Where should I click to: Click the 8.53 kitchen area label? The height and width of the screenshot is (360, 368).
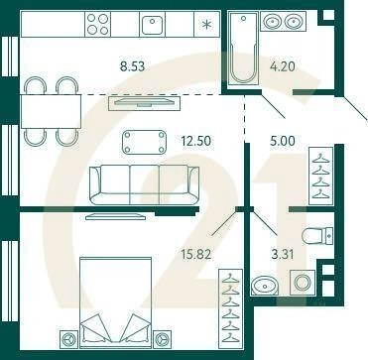click(x=133, y=66)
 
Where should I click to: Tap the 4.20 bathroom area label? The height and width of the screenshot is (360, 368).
click(x=283, y=66)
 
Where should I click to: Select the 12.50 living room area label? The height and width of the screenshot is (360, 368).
click(x=195, y=141)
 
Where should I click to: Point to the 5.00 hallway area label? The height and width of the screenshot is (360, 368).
click(x=283, y=141)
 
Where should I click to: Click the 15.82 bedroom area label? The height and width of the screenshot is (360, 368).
click(x=196, y=254)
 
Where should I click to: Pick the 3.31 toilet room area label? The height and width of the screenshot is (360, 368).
click(x=282, y=255)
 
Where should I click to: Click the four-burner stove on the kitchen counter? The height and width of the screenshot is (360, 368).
click(x=98, y=24)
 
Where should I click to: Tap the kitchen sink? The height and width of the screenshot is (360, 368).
click(x=152, y=24)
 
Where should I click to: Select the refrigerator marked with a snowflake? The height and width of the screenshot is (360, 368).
click(x=207, y=24)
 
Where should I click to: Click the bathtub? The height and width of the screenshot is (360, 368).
click(x=244, y=47)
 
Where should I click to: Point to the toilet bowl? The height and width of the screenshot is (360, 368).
click(x=317, y=236)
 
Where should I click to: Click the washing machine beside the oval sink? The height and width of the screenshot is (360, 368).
click(x=303, y=283)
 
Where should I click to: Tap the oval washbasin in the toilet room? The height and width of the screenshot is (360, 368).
click(x=264, y=286)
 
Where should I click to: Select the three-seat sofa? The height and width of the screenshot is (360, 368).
click(x=145, y=184)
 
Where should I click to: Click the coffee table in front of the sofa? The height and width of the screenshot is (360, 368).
click(x=145, y=142)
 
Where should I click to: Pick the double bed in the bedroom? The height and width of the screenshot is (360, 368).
click(x=116, y=302)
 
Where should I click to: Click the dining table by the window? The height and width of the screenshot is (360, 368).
click(x=51, y=111)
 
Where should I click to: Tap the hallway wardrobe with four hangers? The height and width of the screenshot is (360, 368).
click(x=320, y=177)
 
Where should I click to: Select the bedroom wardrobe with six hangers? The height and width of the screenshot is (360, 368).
click(x=230, y=306)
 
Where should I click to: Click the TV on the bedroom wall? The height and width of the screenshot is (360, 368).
click(x=115, y=216)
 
